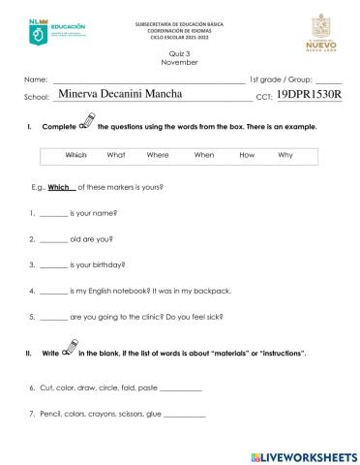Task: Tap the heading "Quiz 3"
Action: (x=180, y=54)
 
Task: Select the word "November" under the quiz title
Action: (x=180, y=62)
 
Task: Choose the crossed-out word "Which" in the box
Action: (x=76, y=155)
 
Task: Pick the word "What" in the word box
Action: (x=116, y=155)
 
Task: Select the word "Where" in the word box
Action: (x=158, y=155)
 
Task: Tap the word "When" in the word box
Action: (x=204, y=155)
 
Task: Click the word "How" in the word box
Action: (x=247, y=155)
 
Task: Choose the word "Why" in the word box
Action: (x=285, y=155)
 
